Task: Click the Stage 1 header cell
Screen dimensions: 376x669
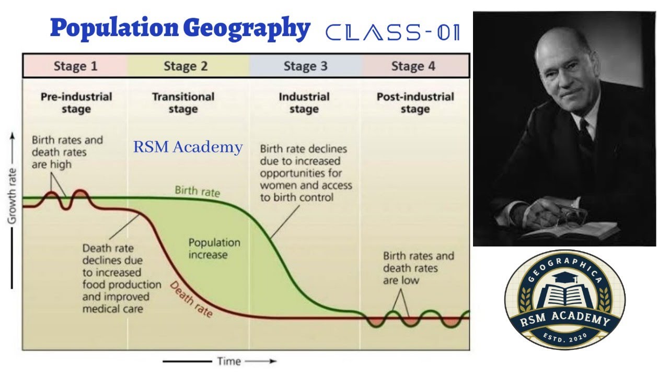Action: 75,66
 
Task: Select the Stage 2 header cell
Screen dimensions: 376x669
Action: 186,66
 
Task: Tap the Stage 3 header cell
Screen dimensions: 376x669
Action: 305,66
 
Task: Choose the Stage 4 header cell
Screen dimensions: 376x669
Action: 413,66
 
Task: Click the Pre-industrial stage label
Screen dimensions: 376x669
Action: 76,103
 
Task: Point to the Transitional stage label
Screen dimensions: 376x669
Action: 183,103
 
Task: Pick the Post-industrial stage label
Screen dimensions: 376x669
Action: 415,103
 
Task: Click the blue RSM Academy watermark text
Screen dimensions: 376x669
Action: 188,147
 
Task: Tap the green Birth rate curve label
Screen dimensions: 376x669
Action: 197,191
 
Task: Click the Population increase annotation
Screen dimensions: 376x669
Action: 214,249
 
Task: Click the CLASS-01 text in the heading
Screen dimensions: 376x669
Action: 393,32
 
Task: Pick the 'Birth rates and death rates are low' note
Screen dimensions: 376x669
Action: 418,268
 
